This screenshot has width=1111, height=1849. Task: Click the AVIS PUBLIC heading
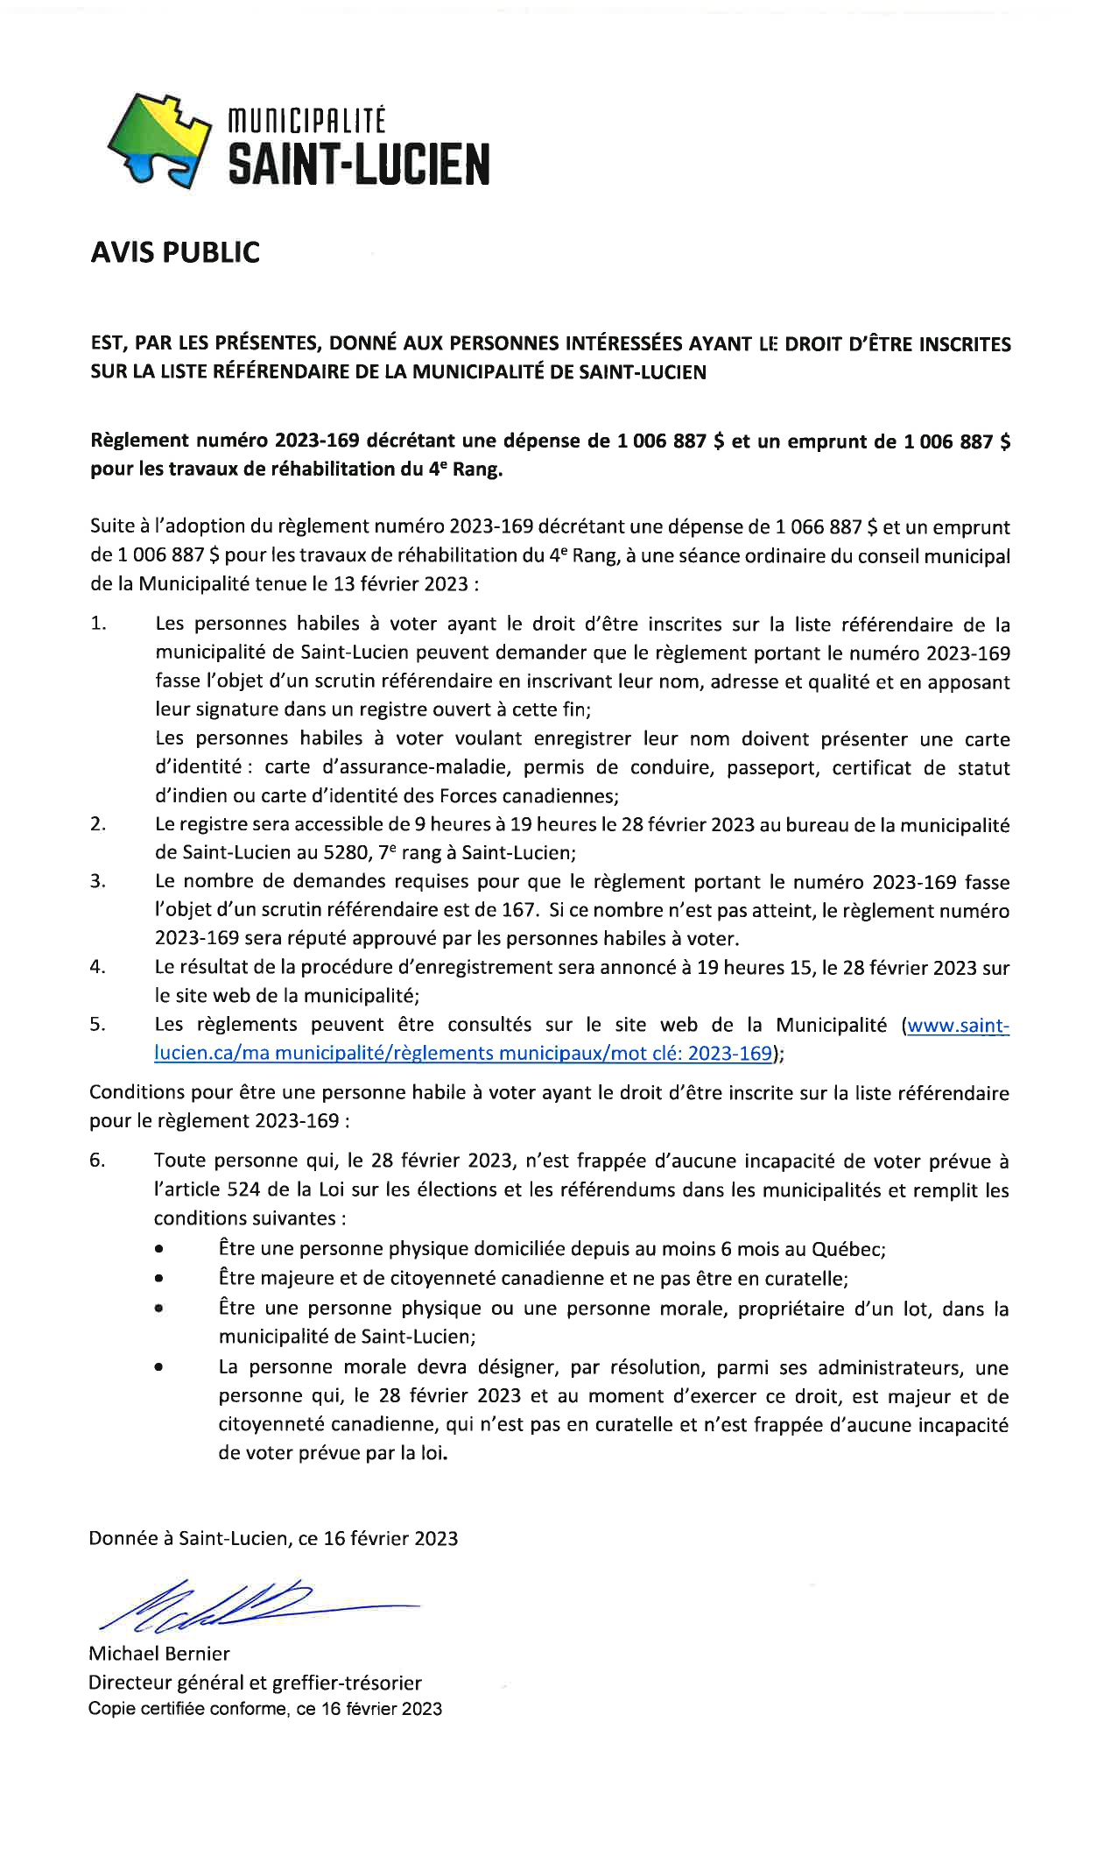click(x=175, y=252)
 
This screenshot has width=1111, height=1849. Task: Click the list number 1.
click(x=97, y=624)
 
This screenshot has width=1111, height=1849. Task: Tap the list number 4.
click(x=97, y=967)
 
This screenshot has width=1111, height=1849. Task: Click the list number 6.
click(x=97, y=1161)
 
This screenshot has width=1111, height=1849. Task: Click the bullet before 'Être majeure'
click(x=158, y=1278)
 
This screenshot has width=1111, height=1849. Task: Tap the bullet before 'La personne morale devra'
click(x=158, y=1366)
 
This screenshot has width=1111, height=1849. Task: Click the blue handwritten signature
click(x=254, y=1606)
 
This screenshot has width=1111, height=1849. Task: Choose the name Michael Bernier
click(x=159, y=1654)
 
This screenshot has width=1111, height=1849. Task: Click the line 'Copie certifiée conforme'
click(x=264, y=1709)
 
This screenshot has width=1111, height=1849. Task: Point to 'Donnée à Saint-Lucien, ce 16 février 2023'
click(x=273, y=1538)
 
